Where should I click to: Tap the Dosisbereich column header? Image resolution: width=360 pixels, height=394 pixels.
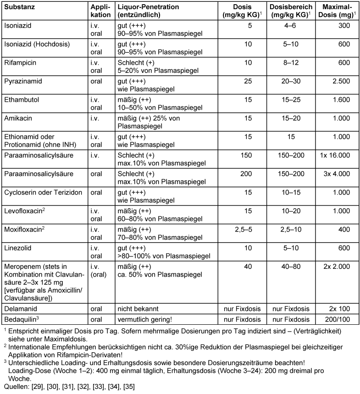pos(291,8)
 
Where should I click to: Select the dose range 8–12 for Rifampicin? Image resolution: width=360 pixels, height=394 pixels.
pos(291,63)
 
